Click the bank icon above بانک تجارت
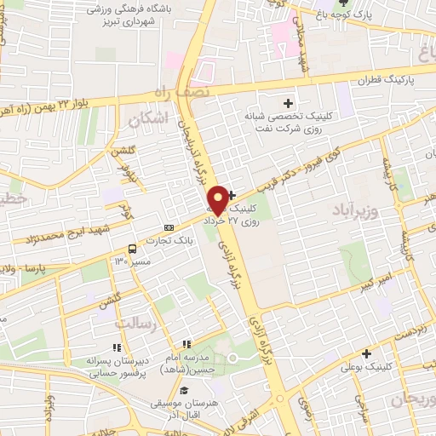pyautogui.click(x=169, y=228)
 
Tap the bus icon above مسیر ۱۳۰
pyautogui.click(x=132, y=249)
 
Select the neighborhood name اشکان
pyautogui.click(x=146, y=121)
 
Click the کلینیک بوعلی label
pyautogui.click(x=366, y=367)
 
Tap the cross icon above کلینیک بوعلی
pyautogui.click(x=366, y=353)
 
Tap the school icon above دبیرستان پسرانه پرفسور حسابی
pyautogui.click(x=117, y=347)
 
